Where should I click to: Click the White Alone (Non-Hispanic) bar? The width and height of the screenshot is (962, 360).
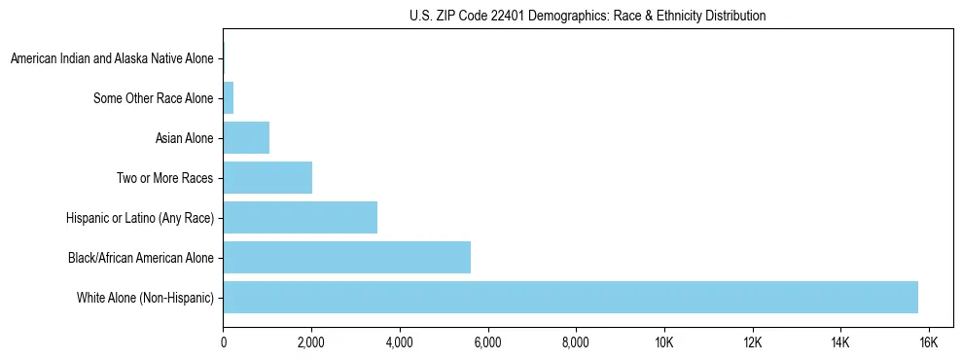point(570,298)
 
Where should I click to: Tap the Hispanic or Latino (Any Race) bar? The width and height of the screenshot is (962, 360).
point(300,218)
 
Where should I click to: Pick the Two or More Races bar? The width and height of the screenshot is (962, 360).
point(267,178)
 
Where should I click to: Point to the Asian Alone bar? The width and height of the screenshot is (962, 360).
point(246,138)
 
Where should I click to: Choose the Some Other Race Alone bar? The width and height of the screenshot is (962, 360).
point(229,98)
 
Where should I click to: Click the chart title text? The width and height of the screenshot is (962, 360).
point(588,16)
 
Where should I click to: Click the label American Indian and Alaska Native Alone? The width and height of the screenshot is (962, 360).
point(112,59)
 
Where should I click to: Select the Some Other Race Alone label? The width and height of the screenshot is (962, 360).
point(153,98)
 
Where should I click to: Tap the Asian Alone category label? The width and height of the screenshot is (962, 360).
point(184,138)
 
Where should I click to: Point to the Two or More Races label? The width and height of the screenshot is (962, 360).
point(164,178)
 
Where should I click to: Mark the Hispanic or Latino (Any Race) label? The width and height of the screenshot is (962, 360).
point(140,218)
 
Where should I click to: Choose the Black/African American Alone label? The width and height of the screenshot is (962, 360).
point(141,258)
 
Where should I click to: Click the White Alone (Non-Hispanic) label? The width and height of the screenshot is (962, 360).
point(145,298)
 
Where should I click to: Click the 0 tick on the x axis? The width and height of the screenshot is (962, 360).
point(224,342)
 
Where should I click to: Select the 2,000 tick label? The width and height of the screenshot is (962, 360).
point(311,342)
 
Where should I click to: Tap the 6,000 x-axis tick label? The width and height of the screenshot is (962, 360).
point(487,342)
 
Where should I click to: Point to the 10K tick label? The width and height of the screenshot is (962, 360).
point(664,342)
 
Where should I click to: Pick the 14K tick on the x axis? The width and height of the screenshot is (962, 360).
point(840,342)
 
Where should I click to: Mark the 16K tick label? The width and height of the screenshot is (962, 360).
point(928,342)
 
